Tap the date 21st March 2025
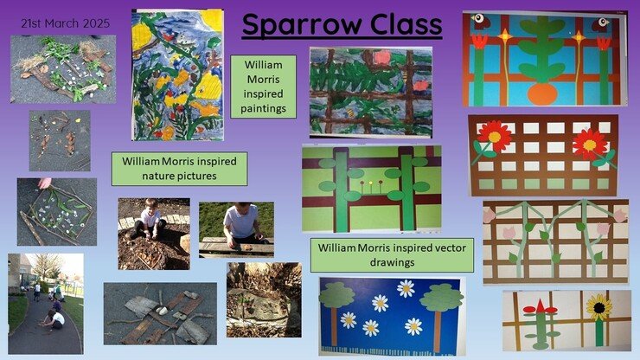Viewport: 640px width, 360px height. tap(66, 23)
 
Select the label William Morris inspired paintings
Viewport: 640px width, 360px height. tap(263, 87)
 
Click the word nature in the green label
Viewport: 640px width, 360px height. tap(158, 177)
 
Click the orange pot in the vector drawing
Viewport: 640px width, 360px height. tap(542, 95)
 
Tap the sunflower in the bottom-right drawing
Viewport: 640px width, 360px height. tap(598, 307)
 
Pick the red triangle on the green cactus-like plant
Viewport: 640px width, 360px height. tap(541, 306)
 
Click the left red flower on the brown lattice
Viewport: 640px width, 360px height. tap(495, 136)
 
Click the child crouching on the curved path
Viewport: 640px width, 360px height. tap(54, 319)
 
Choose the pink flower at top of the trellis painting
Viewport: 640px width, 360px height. tap(381, 57)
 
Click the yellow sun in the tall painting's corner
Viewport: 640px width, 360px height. tap(212, 21)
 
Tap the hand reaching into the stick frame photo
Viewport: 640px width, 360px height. tap(45, 183)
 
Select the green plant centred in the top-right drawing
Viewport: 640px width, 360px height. tap(542, 50)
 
